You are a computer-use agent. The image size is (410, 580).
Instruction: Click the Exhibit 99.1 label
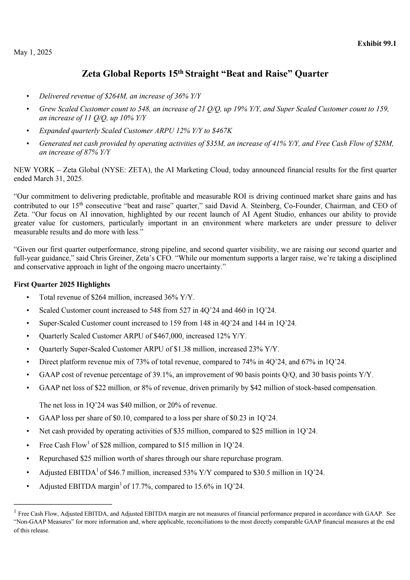tap(377, 44)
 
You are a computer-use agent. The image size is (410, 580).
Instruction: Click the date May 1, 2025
tap(33, 53)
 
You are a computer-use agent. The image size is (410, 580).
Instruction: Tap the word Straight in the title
tap(201, 74)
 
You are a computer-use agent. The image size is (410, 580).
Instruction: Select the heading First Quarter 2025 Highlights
tap(62, 284)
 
